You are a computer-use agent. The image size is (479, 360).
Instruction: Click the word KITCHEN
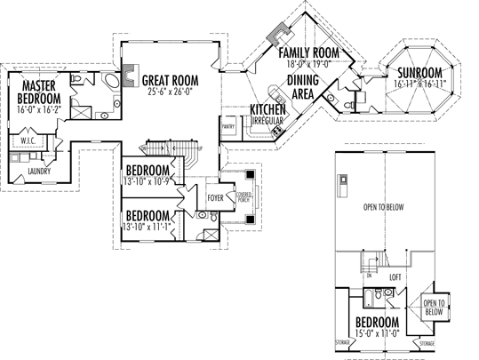click(x=267, y=108)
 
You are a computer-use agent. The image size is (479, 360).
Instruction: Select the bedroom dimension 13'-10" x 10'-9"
click(x=148, y=181)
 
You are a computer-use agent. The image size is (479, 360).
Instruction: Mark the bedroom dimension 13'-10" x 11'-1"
click(x=148, y=227)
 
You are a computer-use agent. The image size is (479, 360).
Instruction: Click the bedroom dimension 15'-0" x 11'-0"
click(x=378, y=332)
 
